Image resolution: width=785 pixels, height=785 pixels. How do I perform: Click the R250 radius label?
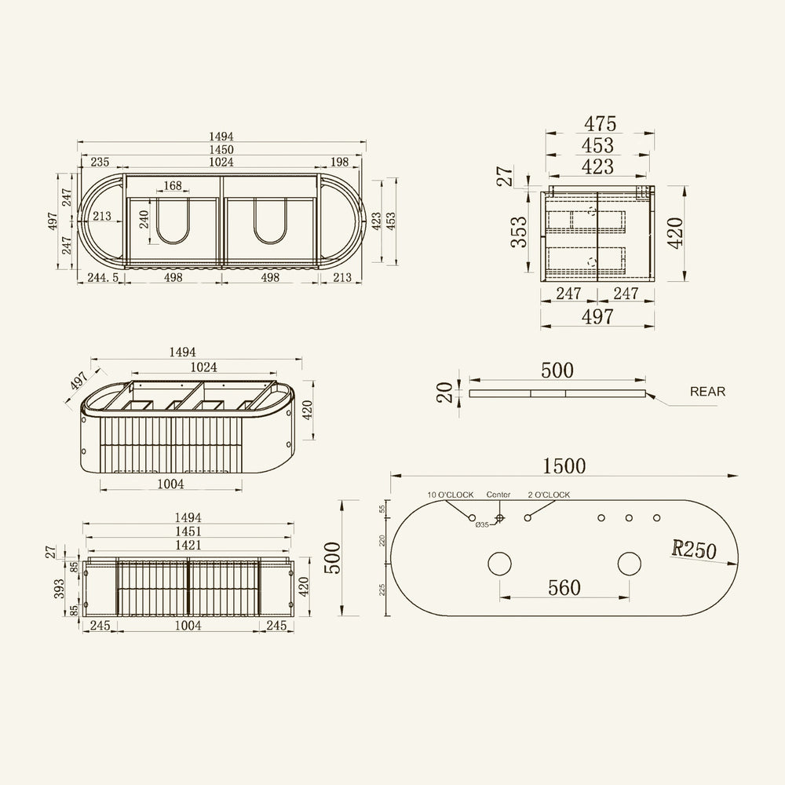point(694,549)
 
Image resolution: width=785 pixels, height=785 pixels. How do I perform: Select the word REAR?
point(707,392)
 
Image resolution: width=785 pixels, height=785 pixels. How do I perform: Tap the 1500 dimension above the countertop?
point(564,466)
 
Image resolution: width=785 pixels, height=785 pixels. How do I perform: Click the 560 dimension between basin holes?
point(564,587)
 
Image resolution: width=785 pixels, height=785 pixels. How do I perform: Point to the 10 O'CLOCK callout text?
point(450,495)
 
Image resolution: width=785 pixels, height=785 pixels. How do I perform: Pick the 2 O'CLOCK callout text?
point(549,495)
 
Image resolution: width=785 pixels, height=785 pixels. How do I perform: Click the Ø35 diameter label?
point(482,524)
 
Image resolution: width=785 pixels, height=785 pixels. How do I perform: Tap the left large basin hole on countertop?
point(499,564)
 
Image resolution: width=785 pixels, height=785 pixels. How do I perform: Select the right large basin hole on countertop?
point(630,564)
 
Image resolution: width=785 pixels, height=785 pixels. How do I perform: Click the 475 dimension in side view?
point(600,124)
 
